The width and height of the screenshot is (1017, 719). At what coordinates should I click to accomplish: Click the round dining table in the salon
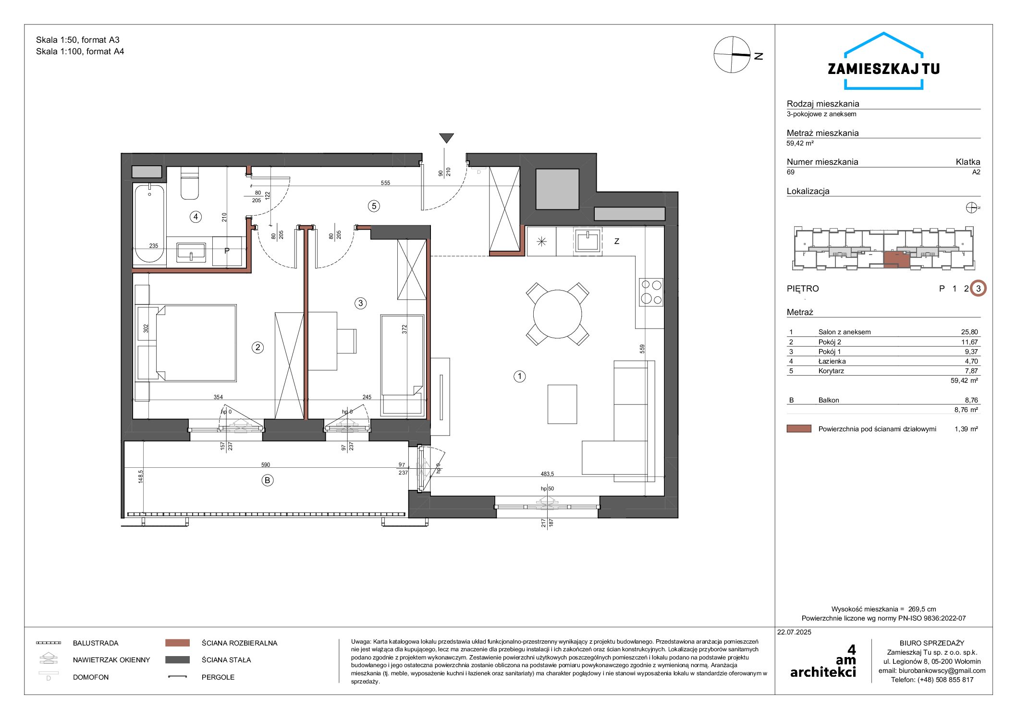point(557,314)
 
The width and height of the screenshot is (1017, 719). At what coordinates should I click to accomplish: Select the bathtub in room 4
point(149,223)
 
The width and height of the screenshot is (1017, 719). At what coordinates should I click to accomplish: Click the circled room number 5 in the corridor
point(374,206)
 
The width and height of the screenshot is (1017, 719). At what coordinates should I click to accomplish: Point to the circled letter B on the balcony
point(267,480)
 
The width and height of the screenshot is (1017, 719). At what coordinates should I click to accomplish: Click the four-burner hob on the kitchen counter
point(651,292)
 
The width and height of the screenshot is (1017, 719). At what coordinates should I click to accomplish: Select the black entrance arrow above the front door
point(446,138)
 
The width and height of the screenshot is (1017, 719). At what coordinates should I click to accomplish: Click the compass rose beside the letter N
point(732,55)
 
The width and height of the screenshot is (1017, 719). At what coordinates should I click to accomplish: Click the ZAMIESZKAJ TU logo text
point(883,69)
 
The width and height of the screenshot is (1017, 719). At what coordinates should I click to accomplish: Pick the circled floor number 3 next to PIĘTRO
point(978,289)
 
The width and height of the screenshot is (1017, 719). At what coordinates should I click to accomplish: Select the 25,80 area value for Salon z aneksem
point(969,332)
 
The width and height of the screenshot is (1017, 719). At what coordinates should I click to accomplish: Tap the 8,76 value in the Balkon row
point(971,400)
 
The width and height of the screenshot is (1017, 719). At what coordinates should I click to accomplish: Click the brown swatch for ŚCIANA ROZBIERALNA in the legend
point(177,643)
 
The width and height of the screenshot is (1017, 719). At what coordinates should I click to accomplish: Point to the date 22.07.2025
point(794,632)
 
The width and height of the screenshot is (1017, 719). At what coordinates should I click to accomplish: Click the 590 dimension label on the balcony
point(266,464)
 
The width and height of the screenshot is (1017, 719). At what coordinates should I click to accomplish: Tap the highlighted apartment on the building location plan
point(896,259)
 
